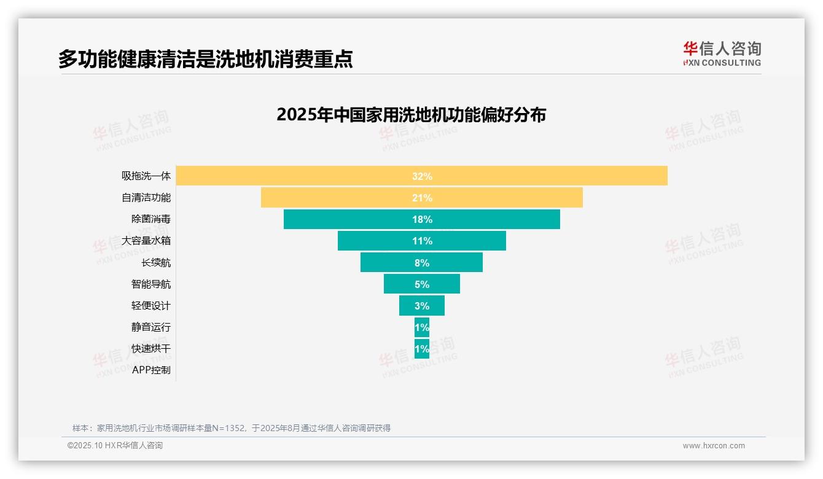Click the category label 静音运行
(150, 327)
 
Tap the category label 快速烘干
(150, 349)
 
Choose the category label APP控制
(151, 370)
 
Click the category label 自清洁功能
(146, 198)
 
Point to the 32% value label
(422, 176)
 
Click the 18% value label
(422, 219)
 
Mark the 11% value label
(422, 241)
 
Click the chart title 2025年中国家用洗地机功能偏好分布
(411, 115)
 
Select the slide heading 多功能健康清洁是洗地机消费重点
(205, 59)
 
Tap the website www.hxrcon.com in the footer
(713, 446)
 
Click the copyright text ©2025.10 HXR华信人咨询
(115, 446)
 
